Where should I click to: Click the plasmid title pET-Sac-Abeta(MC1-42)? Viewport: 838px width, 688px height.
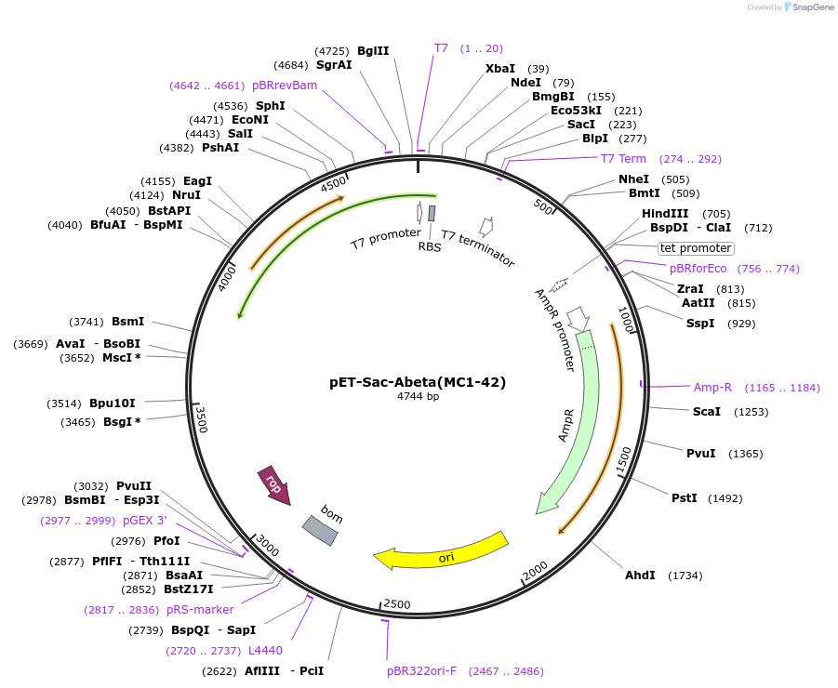tap(418, 381)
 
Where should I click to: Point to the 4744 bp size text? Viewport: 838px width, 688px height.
tap(418, 396)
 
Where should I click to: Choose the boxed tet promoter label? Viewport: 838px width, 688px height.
tap(696, 248)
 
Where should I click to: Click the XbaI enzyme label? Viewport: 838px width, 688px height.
tap(500, 69)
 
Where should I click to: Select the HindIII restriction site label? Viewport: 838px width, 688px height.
tap(665, 214)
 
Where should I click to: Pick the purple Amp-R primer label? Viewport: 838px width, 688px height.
tap(712, 388)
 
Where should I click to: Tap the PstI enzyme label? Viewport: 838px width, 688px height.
tap(685, 498)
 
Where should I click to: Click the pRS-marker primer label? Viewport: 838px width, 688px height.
tap(200, 610)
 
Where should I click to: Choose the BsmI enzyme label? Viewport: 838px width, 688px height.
tap(128, 322)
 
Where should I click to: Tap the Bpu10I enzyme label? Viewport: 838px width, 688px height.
tap(113, 404)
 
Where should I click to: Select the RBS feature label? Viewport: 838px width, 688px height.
tap(430, 246)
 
